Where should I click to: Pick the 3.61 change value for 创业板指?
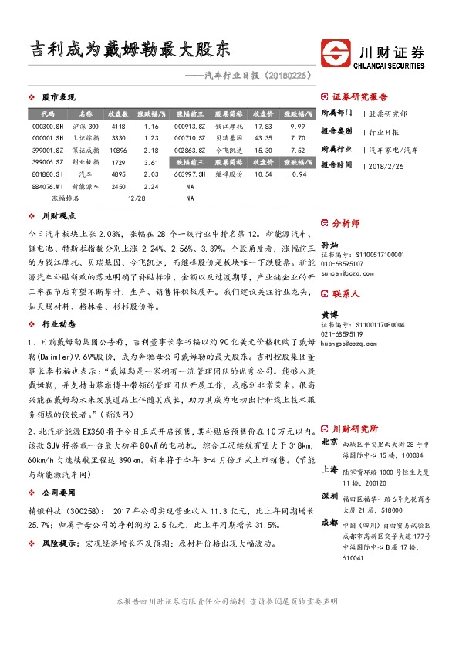click(151, 162)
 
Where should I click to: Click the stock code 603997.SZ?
click(189, 174)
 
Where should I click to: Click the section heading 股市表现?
click(58, 98)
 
